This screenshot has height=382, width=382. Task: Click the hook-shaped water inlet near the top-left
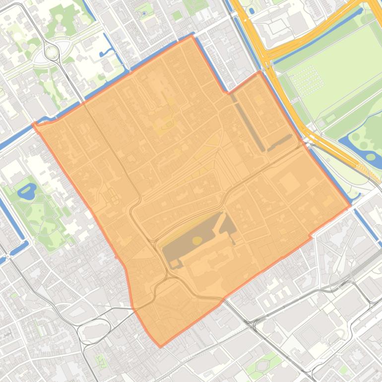(x=107, y=51)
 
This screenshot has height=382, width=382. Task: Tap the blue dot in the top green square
(x=144, y=11)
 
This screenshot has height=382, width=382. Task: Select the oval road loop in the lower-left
(x=94, y=329)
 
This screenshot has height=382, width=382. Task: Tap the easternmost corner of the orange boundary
(x=350, y=205)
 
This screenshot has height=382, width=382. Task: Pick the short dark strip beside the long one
(x=280, y=142)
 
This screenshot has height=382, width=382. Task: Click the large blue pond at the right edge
(x=372, y=158)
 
